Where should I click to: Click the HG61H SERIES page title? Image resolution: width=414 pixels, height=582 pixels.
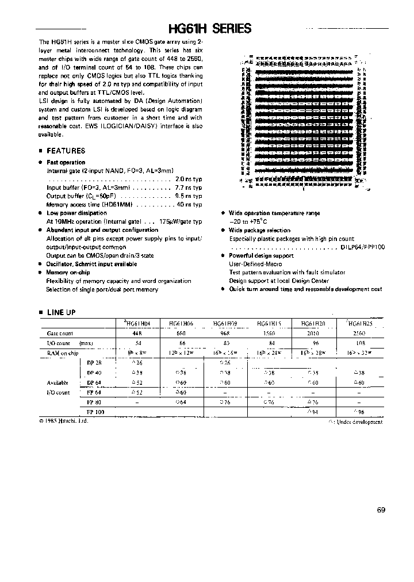[209, 29]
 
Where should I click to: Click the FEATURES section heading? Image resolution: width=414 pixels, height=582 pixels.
[66, 151]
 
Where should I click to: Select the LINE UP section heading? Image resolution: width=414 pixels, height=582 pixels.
[60, 312]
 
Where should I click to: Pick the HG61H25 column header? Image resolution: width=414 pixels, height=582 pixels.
[360, 324]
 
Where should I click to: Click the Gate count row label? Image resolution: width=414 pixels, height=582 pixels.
[59, 333]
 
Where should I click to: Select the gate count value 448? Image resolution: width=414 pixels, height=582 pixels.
[136, 333]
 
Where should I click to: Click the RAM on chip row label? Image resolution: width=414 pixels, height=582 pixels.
[62, 353]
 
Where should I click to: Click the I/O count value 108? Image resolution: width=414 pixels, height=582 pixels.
[360, 343]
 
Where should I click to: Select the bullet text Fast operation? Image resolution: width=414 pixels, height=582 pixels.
[66, 162]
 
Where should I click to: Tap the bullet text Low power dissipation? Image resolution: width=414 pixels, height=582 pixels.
[76, 213]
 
